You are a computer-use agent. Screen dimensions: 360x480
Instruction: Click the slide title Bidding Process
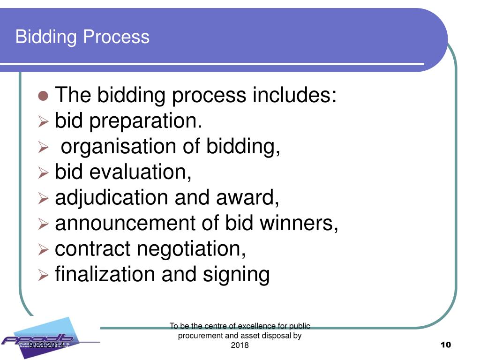coord(82,37)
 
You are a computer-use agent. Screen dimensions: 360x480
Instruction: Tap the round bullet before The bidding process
coord(43,97)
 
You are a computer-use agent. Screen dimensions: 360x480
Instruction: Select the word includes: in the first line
coord(295,96)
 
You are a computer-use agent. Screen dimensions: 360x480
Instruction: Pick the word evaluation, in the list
coord(141,172)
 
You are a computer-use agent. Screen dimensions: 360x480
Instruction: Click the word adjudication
coord(112,198)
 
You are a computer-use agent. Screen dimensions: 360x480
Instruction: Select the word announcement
coord(125,224)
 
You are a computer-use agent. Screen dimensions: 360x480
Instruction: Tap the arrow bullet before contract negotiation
coord(43,249)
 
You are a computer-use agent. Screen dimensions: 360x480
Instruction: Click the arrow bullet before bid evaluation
coord(43,173)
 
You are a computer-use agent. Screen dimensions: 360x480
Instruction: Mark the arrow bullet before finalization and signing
coord(43,275)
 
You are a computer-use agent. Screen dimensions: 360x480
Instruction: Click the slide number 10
coord(446,345)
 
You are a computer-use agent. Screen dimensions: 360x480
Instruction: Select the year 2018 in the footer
coord(240,345)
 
